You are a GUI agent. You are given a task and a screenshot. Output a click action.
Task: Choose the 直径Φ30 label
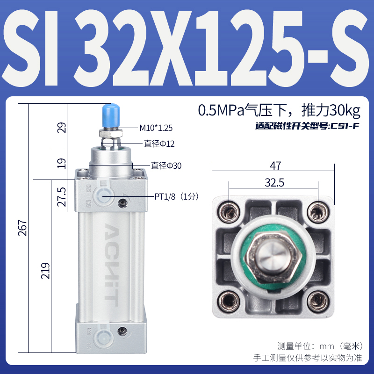(x=165, y=165)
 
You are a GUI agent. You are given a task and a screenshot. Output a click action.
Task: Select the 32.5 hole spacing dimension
(x=274, y=183)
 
